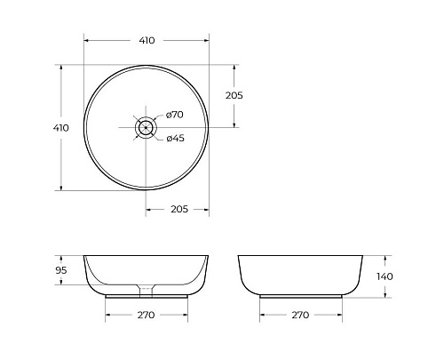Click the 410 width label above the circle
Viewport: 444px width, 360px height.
coord(147,40)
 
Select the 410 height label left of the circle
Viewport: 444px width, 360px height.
coord(61,128)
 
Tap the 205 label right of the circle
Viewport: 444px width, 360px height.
coord(234,95)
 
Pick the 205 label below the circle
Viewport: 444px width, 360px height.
coord(178,209)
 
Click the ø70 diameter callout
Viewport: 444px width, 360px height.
coord(174,115)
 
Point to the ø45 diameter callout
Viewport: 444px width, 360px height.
coord(174,137)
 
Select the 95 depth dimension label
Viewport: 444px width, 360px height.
coord(61,270)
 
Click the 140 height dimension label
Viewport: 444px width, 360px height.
coord(385,276)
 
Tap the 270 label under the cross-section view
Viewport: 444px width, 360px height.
coord(147,315)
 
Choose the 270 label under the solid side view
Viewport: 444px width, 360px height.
coord(300,315)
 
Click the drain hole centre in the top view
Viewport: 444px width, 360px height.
coord(146,126)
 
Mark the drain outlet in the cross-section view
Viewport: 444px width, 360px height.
coord(146,289)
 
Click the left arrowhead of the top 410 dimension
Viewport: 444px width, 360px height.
coord(86,40)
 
